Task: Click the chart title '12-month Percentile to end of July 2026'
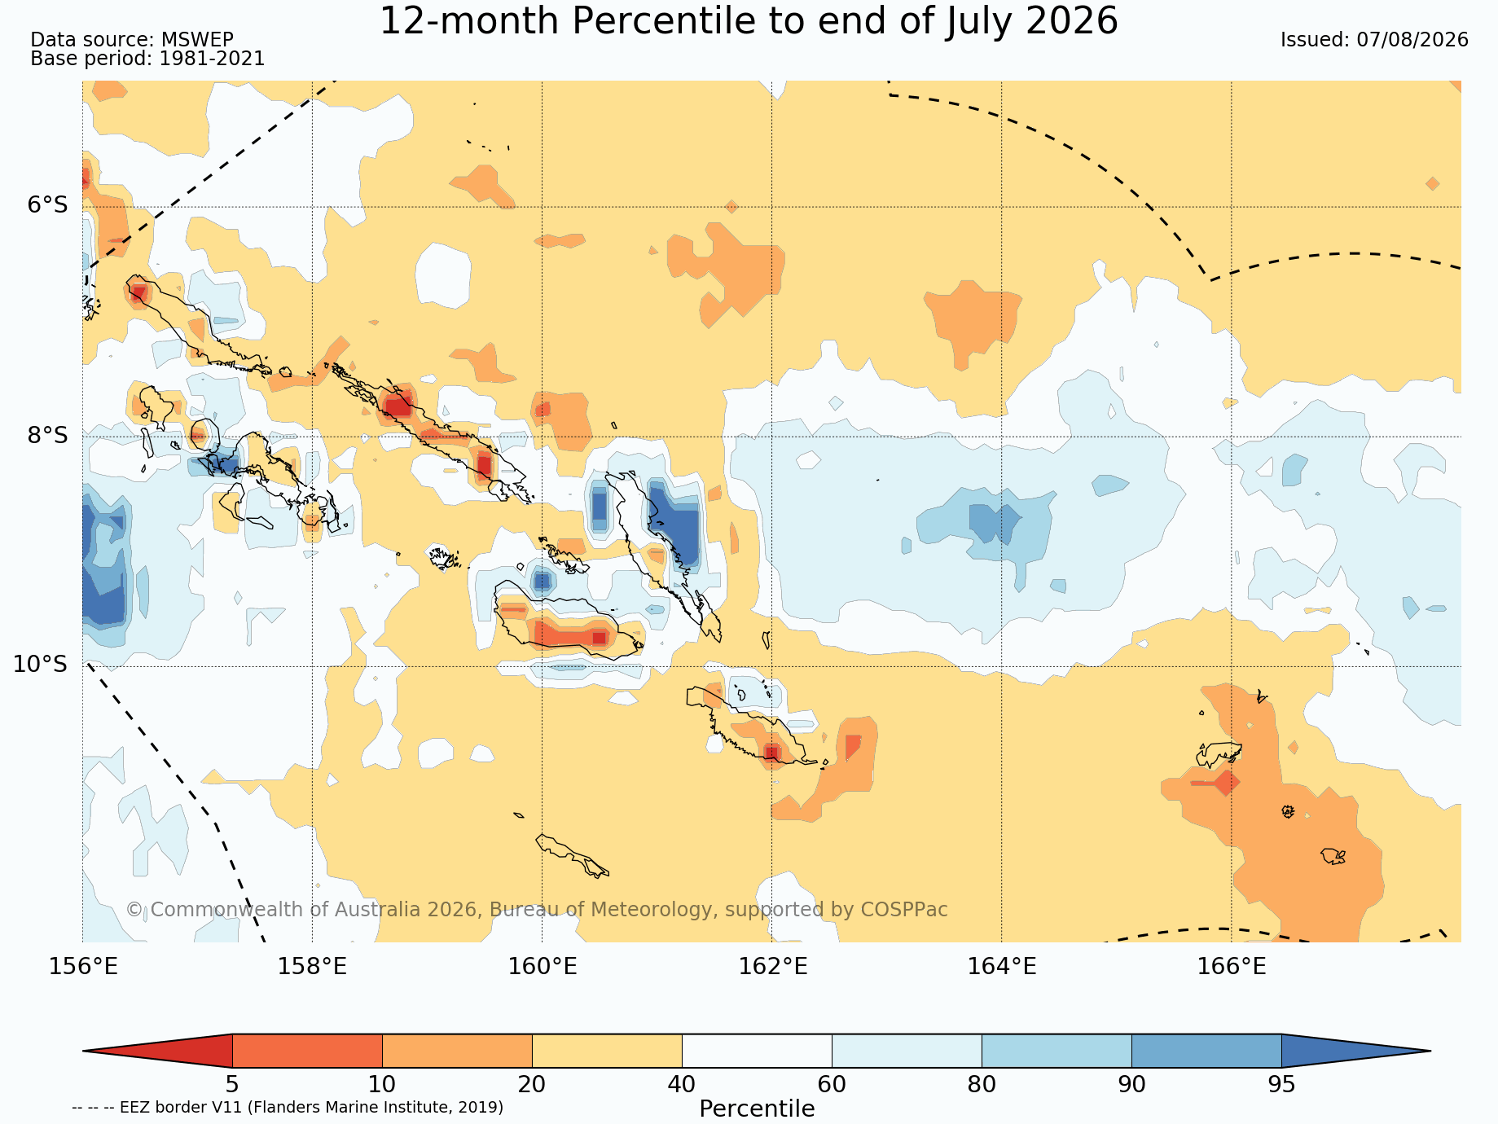(x=749, y=21)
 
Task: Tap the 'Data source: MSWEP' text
(x=132, y=40)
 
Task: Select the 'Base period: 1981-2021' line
(x=147, y=59)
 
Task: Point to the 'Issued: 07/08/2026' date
(x=1374, y=40)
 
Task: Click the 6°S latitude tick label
(x=48, y=205)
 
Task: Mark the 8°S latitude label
(x=48, y=436)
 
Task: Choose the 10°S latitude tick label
(x=41, y=665)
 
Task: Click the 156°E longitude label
(x=83, y=967)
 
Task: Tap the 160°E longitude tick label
(x=543, y=967)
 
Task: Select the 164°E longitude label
(x=1002, y=967)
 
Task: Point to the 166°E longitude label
(x=1232, y=967)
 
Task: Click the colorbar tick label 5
(x=232, y=1084)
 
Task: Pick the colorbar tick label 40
(x=682, y=1084)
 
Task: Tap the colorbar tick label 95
(x=1281, y=1084)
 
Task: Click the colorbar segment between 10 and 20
(x=457, y=1051)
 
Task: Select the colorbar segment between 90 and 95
(x=1206, y=1051)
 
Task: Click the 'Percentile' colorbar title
(x=757, y=1109)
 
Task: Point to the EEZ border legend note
(x=288, y=1108)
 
